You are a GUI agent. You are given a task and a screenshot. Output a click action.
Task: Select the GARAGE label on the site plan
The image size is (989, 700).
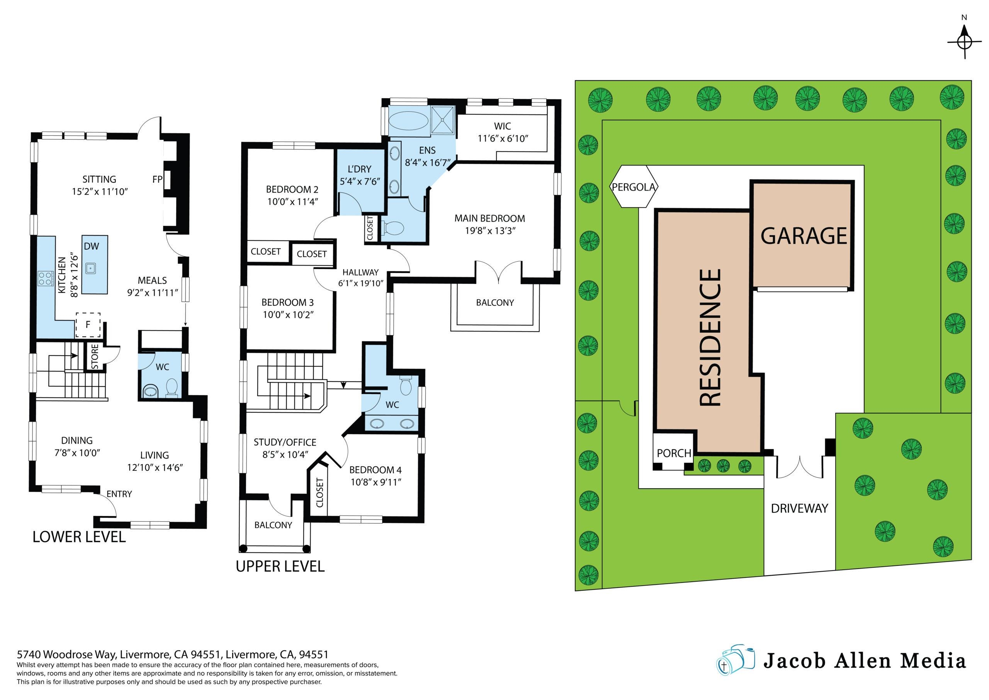tap(804, 236)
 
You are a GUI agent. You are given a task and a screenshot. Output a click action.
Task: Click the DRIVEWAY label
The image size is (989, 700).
tap(799, 509)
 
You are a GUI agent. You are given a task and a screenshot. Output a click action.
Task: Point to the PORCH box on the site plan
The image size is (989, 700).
tap(674, 453)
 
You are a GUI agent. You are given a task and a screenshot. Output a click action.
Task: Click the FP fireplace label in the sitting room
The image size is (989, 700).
tap(157, 180)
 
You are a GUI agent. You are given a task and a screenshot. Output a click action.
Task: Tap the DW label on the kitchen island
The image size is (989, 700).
tap(91, 246)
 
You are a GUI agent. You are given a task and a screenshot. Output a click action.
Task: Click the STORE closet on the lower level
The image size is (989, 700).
tap(95, 356)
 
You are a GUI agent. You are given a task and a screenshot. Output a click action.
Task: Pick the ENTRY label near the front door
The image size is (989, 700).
tap(119, 494)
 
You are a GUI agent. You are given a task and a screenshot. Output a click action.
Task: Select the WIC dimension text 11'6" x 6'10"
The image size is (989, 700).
tap(503, 138)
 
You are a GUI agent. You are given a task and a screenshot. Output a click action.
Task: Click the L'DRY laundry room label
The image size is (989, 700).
tap(359, 169)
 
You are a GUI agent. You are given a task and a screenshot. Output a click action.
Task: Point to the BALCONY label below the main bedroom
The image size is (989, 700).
tap(495, 303)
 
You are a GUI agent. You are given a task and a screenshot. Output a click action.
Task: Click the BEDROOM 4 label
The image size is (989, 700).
tap(375, 470)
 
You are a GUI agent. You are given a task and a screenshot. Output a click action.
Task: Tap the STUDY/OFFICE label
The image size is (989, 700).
tap(285, 442)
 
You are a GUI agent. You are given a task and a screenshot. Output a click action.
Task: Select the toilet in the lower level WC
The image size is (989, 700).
tap(172, 387)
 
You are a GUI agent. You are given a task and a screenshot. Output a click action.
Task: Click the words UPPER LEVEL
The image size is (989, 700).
tap(280, 566)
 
